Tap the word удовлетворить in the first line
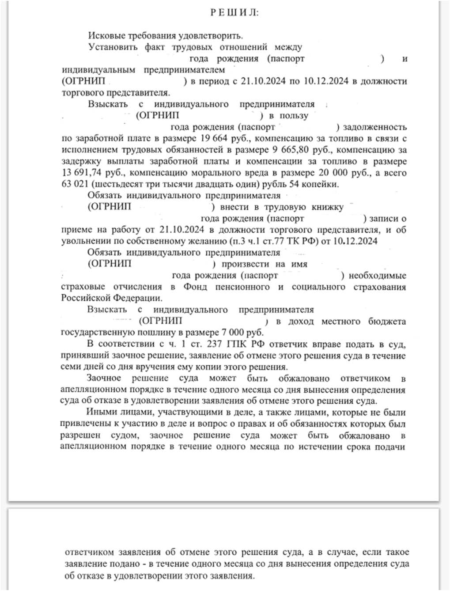[x=212, y=36]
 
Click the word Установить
[x=113, y=47]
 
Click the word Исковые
[x=107, y=36]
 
